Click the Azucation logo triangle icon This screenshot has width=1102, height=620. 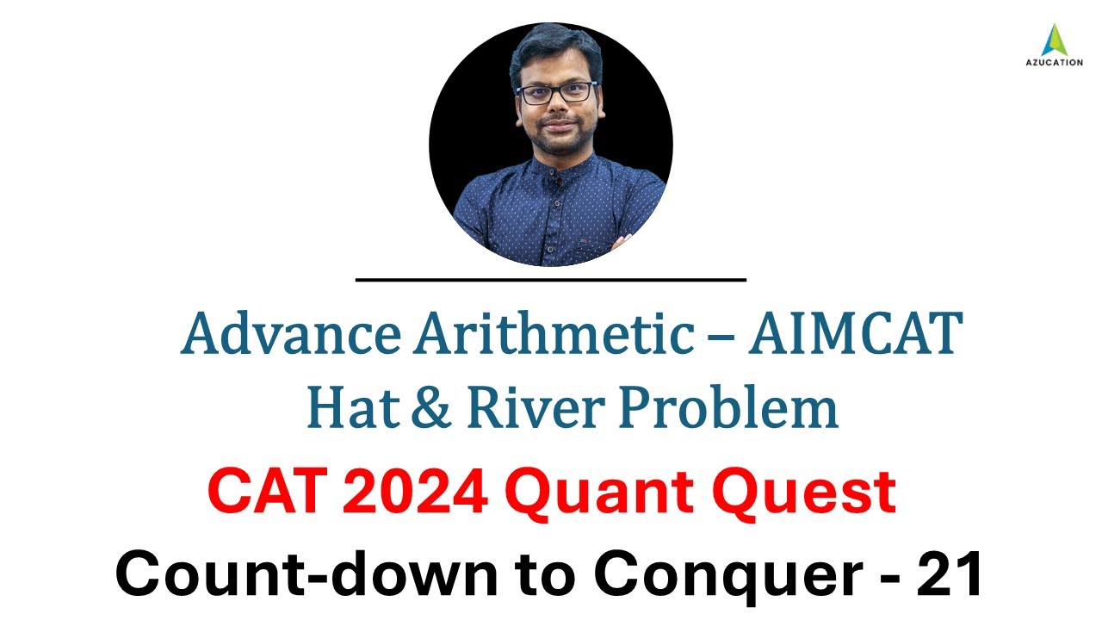(1054, 40)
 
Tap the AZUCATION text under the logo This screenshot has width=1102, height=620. (1054, 63)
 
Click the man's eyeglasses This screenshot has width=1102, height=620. (555, 92)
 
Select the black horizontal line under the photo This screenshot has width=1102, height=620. (551, 279)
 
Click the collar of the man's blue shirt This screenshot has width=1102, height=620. (551, 172)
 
